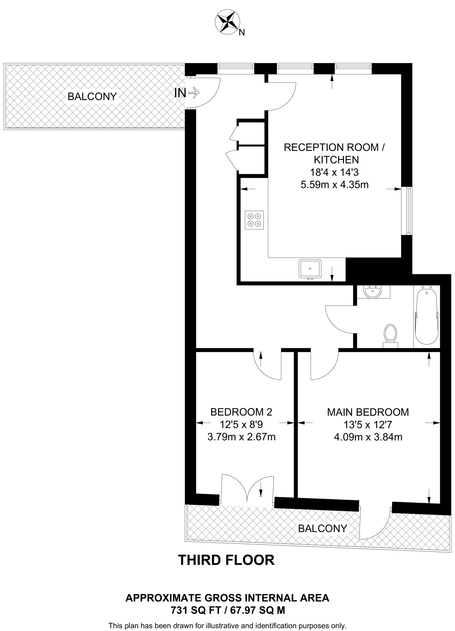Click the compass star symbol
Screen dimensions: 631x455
pos(227,22)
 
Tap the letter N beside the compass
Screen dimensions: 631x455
pos(242,32)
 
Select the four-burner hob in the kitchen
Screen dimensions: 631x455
pos(254,220)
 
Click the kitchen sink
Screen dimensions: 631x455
pos(310,268)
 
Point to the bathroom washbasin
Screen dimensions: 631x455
pos(373,291)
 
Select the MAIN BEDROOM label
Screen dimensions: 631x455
pos(368,412)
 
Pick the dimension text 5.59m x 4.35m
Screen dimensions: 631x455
pos(334,185)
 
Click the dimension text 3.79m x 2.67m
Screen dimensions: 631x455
pos(241,437)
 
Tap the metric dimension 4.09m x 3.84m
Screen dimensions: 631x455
pos(368,437)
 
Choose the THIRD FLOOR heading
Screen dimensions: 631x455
pos(226,560)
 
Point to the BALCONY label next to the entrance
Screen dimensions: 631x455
pos(92,96)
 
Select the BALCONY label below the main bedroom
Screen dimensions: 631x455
pos(322,528)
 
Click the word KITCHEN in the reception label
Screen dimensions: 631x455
pos(336,160)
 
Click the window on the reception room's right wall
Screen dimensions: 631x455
pos(408,211)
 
